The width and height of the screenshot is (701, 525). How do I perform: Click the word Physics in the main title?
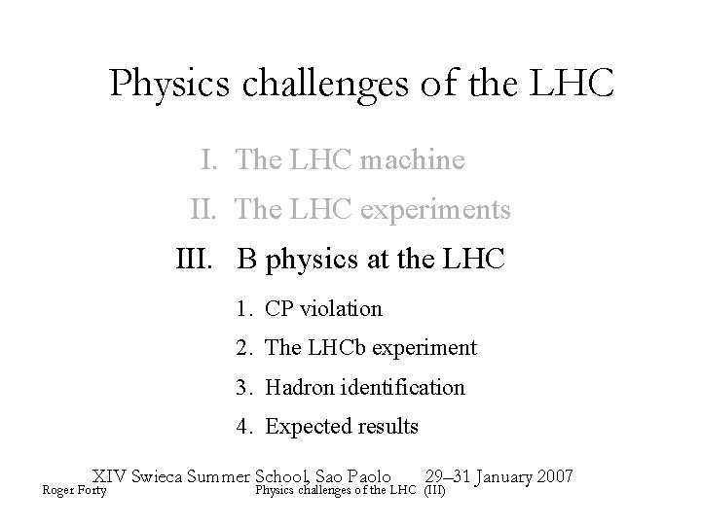coord(167,85)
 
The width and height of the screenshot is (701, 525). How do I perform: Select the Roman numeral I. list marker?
coord(210,158)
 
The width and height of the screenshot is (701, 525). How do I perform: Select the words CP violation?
coord(323,309)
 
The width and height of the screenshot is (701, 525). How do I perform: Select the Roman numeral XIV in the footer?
coord(109,476)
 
